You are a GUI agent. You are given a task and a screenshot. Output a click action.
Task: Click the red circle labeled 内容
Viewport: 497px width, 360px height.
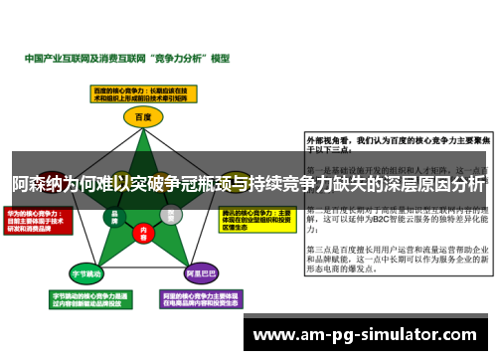[x=143, y=236]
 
